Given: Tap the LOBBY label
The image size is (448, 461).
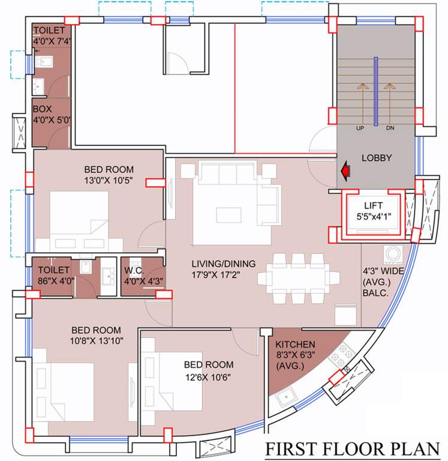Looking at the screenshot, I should pos(376,158).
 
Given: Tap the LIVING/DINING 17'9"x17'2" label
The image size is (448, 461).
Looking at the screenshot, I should pos(223,269).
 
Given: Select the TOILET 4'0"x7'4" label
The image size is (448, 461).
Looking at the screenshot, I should pos(51,35).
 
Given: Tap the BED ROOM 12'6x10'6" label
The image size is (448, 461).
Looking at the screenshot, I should pos(209,370).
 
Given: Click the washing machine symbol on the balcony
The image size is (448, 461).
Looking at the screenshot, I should pos(393,255).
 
